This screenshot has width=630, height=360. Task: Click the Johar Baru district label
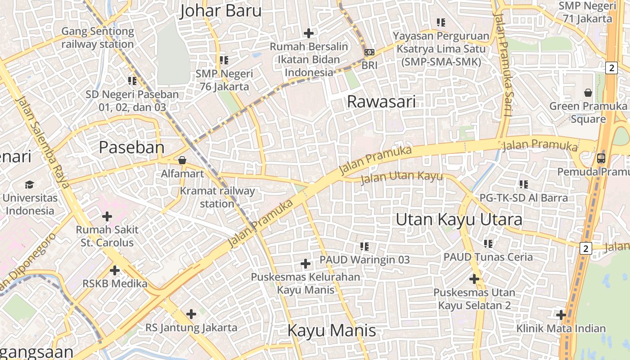(220, 11)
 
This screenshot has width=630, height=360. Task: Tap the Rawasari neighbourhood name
(381, 102)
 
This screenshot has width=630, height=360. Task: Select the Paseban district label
(131, 148)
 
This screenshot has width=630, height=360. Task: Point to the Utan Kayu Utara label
(459, 220)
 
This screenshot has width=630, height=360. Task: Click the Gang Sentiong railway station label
(98, 38)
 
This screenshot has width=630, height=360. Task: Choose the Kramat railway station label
(217, 197)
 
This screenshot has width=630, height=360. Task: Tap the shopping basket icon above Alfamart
(182, 160)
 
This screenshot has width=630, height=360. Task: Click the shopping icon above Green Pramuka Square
(588, 93)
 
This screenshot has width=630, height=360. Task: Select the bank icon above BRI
(369, 53)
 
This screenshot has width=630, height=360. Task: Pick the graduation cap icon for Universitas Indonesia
(30, 184)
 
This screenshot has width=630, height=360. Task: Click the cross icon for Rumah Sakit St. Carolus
(107, 216)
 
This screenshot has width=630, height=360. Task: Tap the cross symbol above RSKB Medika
(115, 270)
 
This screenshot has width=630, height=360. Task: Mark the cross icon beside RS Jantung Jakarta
(191, 314)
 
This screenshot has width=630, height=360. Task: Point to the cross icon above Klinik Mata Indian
(561, 315)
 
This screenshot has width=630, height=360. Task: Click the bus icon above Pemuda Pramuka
(601, 158)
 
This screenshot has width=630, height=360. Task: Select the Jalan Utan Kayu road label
(401, 177)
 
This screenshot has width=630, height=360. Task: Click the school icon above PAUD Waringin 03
(364, 247)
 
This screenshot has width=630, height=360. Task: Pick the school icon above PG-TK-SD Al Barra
(523, 184)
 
